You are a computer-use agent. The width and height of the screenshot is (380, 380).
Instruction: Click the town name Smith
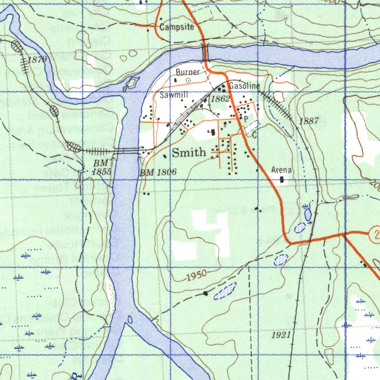[x=189, y=152]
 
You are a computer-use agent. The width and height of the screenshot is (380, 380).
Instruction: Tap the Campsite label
[x=177, y=27]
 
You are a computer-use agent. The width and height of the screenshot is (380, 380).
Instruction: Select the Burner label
[x=188, y=72]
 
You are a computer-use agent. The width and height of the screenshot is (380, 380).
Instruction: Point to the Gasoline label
[x=244, y=86]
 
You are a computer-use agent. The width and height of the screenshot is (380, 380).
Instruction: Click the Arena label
[x=282, y=170]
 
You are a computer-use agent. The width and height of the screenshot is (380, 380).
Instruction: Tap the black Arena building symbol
[x=282, y=180]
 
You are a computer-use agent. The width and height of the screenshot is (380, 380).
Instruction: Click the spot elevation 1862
[x=220, y=99]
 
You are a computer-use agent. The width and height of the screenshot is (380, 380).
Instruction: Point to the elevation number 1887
[x=309, y=121]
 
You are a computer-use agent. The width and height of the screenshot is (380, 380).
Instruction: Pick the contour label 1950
[x=196, y=276]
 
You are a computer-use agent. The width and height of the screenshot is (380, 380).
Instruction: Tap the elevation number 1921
[x=281, y=335]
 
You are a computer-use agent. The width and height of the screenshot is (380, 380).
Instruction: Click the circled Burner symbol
[x=188, y=80]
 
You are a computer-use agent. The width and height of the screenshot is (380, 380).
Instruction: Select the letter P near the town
[x=245, y=119]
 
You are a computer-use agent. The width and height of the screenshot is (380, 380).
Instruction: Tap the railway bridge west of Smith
[x=126, y=151]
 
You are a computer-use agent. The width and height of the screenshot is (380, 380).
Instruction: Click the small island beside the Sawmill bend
[x=131, y=83]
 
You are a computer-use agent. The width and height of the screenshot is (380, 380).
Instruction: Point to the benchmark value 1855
[x=102, y=171]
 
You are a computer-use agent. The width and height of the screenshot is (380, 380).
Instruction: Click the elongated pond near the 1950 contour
[x=225, y=291]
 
